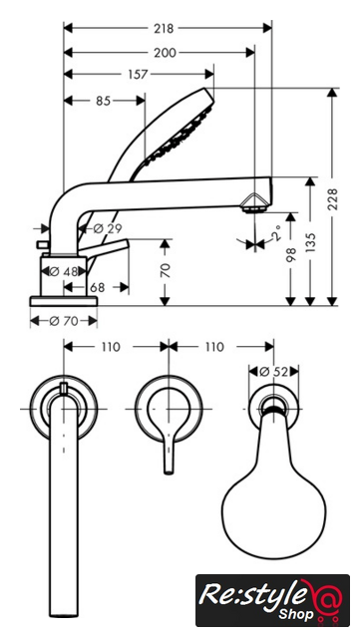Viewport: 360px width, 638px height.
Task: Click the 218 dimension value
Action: (x=164, y=29)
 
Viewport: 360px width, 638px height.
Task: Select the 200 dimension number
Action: (x=165, y=53)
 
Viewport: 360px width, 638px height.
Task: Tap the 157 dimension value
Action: (x=138, y=75)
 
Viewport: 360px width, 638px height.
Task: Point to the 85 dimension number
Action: (x=103, y=101)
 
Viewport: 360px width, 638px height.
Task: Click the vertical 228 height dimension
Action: (x=333, y=199)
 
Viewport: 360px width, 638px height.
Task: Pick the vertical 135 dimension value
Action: (x=310, y=243)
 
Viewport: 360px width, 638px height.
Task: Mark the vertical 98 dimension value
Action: (x=290, y=254)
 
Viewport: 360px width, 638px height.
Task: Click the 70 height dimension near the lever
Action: (x=166, y=270)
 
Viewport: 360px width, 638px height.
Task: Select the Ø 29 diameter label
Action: (x=107, y=228)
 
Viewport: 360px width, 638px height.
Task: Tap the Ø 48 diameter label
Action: (x=64, y=271)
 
